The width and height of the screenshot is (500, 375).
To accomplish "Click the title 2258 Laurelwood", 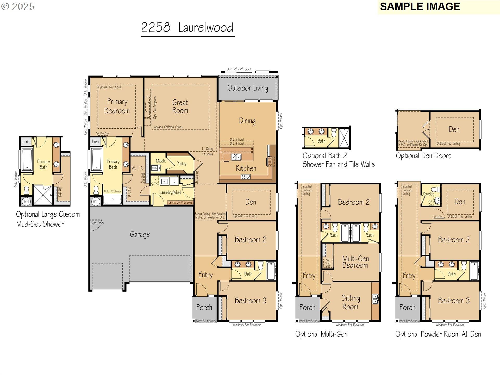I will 187,28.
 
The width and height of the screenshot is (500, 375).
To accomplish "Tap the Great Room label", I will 180,106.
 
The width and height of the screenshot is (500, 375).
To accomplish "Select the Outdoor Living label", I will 247,88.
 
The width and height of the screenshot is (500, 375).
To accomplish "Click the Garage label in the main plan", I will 140,234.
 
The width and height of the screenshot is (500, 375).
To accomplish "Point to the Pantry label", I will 182,164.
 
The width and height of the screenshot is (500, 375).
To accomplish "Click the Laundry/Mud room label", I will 170,192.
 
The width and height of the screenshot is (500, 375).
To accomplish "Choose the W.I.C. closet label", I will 137,168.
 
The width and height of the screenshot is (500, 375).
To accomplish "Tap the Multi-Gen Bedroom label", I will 355,262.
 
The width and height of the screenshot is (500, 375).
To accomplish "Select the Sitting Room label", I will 350,302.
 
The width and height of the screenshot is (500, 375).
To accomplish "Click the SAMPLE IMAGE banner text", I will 420,7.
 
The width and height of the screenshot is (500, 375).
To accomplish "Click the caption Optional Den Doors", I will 423,156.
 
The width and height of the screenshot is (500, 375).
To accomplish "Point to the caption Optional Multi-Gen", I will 321,334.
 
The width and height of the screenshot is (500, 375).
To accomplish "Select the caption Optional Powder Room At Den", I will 438,334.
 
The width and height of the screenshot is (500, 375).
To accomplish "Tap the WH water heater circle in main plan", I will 96,201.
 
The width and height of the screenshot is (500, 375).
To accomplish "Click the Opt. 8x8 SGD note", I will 239,69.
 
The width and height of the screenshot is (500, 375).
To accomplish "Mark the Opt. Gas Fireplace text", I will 155,108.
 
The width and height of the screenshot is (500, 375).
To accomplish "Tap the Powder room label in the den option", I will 428,194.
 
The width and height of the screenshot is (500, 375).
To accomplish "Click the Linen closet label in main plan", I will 95,141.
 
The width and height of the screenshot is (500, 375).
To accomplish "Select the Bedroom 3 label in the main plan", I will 250,301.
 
